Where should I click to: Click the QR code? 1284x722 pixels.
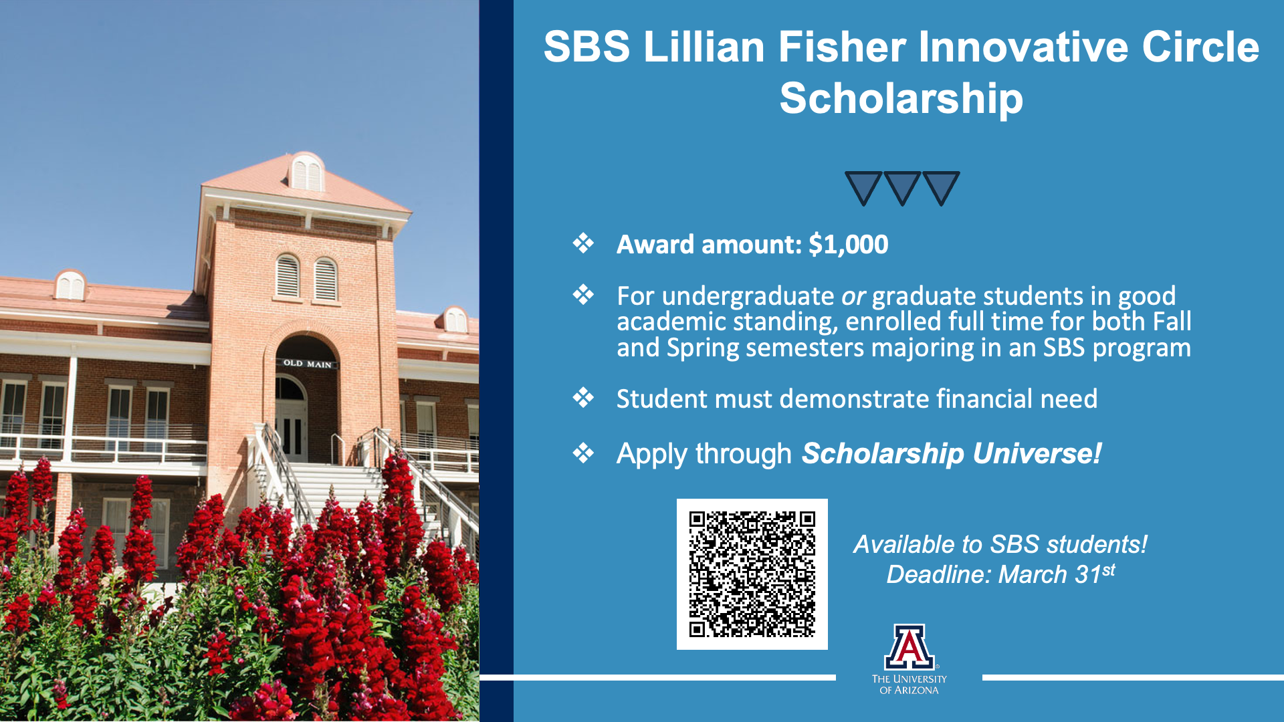pyautogui.click(x=752, y=574)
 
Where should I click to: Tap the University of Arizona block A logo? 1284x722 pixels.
pyautogui.click(x=909, y=647)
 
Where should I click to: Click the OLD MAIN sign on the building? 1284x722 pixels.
pyautogui.click(x=307, y=364)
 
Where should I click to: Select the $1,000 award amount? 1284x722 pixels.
pyautogui.click(x=848, y=245)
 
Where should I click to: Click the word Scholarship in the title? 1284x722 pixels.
pyautogui.click(x=901, y=98)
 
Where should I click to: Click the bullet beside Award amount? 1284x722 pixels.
pyautogui.click(x=583, y=243)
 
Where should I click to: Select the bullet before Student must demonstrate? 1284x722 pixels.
pyautogui.click(x=583, y=398)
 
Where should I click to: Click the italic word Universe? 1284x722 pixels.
pyautogui.click(x=1037, y=453)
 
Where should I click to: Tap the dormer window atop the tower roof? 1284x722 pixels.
pyautogui.click(x=307, y=172)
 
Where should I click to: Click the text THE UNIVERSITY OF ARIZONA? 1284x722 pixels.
pyautogui.click(x=909, y=685)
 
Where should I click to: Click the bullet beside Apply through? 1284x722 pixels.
pyautogui.click(x=583, y=453)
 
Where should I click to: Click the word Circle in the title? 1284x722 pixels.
pyautogui.click(x=1200, y=47)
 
